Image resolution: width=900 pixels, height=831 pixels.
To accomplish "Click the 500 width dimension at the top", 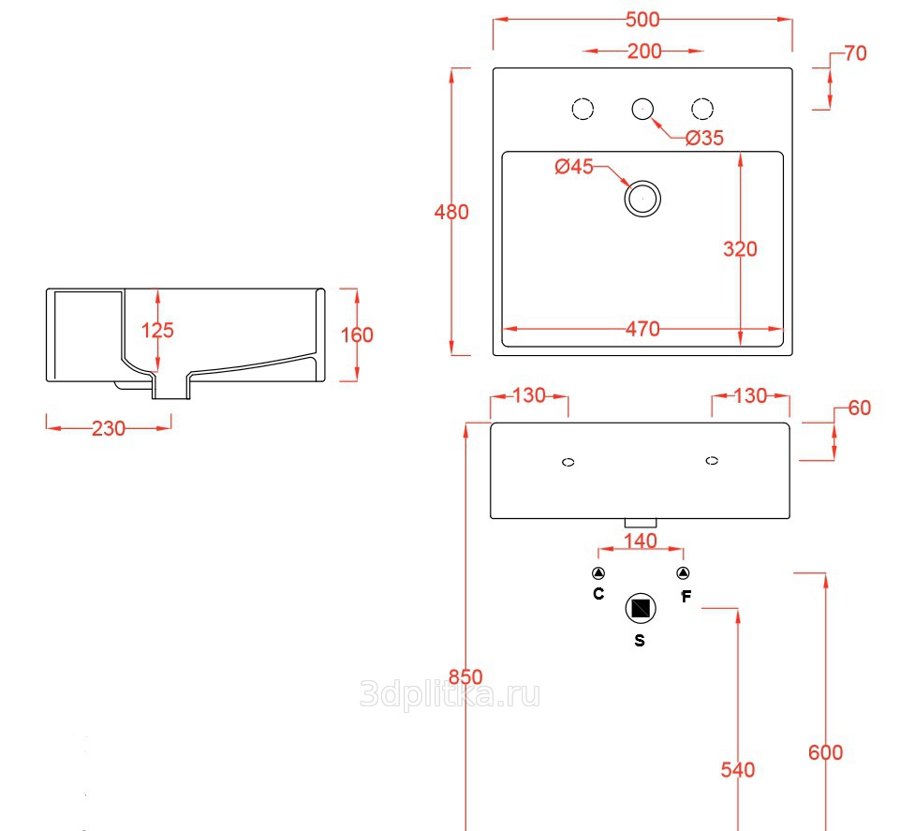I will (x=642, y=20).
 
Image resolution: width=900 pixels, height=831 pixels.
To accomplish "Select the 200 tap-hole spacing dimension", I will (x=643, y=52).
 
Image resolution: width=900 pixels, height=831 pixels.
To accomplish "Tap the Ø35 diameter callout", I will (x=704, y=138).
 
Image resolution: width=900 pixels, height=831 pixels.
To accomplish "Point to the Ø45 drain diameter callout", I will (x=574, y=168).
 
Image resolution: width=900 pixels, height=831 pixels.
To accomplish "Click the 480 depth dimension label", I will (x=451, y=213).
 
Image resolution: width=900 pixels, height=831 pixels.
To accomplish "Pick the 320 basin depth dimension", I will (x=740, y=249).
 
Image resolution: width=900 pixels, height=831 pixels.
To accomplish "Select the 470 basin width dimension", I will (x=642, y=329).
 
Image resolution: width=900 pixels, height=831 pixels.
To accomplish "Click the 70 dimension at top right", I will (x=855, y=53).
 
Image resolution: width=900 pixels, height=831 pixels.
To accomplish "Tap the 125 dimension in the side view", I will (x=157, y=330).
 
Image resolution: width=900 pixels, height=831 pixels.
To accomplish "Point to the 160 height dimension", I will (x=356, y=334).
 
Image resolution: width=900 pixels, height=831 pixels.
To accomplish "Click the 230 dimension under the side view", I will (x=109, y=428).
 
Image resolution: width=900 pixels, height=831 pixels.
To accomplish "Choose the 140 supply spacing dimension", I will (x=640, y=541).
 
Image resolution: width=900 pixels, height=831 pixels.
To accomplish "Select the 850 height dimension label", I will (x=465, y=677).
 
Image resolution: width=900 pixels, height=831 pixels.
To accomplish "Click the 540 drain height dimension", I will (x=738, y=770).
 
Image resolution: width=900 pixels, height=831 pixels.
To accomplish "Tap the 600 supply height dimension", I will (x=825, y=752).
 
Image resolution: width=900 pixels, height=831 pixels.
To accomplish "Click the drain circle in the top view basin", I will (x=642, y=199).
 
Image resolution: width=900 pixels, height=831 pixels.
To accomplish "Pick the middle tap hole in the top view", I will (x=642, y=109).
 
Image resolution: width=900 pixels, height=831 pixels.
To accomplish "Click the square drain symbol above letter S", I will (x=641, y=608).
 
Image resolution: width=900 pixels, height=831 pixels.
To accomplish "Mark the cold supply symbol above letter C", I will (x=598, y=573).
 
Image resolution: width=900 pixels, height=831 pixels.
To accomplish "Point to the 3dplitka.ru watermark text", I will (x=450, y=694).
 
